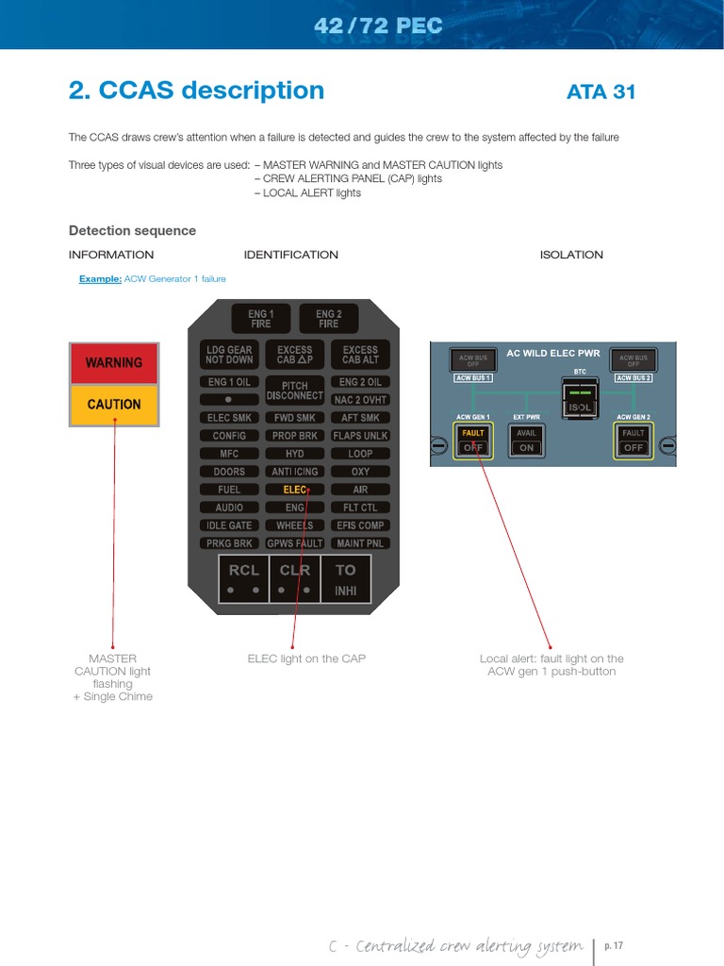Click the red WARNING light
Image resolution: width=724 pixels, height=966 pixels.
click(114, 363)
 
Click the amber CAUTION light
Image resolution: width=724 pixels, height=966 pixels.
click(114, 405)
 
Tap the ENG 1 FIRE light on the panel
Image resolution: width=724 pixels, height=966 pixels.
click(260, 319)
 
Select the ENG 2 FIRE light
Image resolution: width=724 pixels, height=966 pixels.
click(328, 319)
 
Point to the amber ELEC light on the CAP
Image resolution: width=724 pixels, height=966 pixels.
click(295, 490)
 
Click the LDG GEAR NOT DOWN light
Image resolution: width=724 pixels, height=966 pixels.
click(229, 355)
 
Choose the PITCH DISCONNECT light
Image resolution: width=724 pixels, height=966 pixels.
click(295, 391)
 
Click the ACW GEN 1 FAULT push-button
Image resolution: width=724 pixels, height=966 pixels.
click(473, 441)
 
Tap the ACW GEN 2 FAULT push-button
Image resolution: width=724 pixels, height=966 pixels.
click(633, 441)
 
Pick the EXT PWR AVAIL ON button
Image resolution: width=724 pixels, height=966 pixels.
click(526, 441)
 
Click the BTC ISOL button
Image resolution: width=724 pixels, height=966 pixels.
click(580, 399)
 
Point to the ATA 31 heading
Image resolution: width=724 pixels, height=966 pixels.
click(601, 92)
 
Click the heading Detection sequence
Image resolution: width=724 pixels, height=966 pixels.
click(132, 231)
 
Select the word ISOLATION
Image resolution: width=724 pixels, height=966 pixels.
click(571, 255)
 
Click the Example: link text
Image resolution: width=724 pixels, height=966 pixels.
click(100, 279)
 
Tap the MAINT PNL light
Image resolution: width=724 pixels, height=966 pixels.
click(360, 543)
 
